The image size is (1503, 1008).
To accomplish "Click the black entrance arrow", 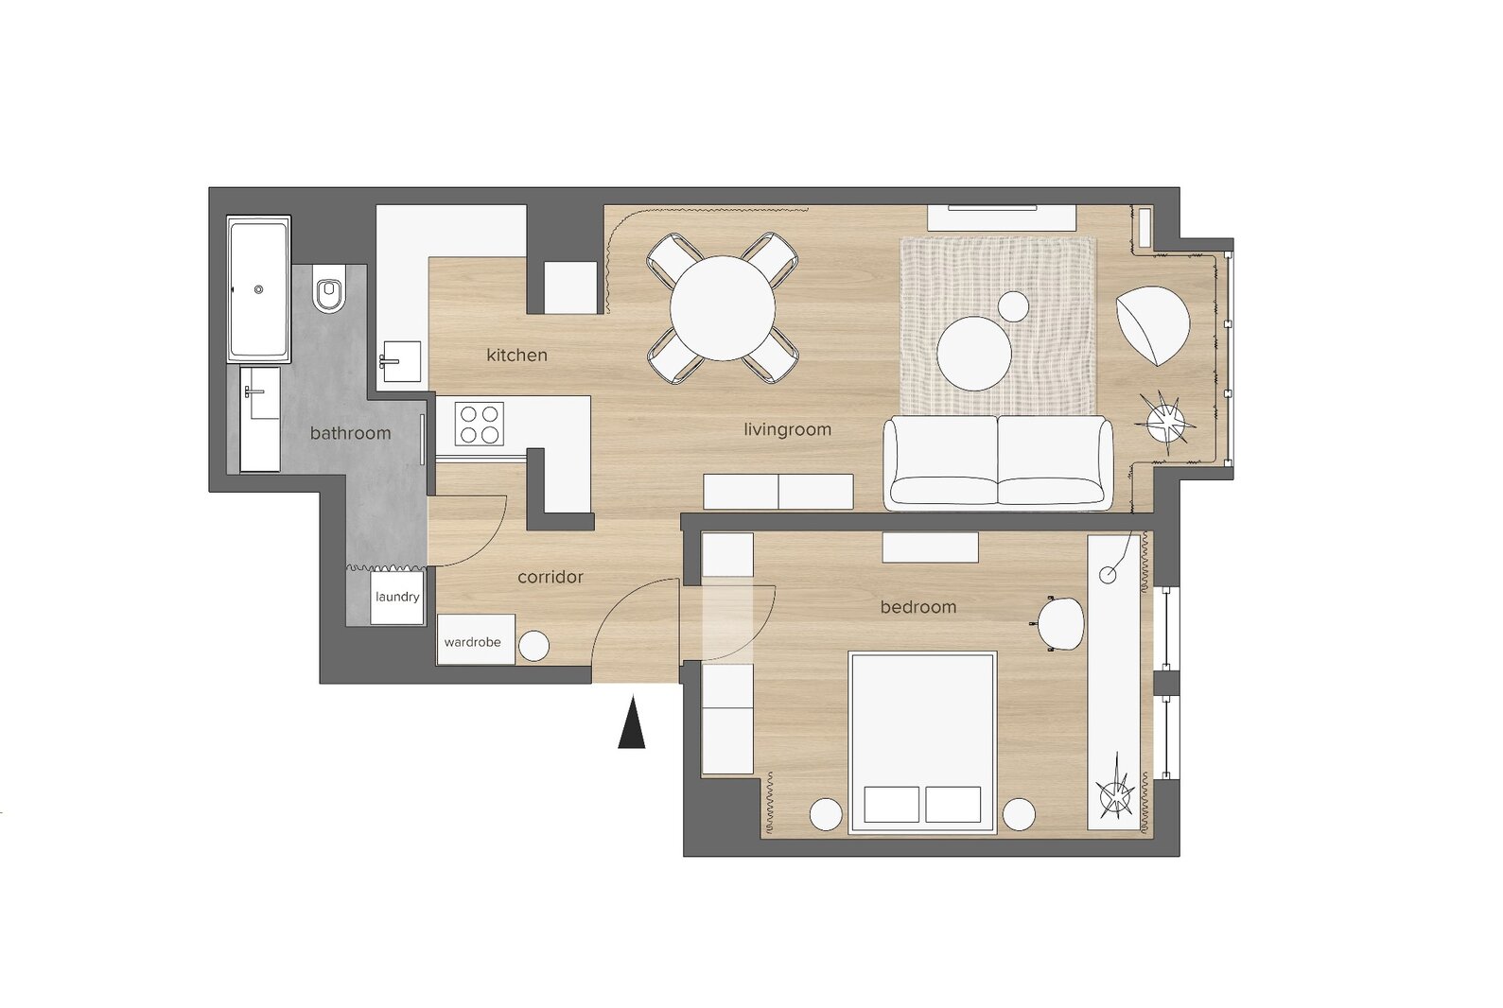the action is pos(632,723).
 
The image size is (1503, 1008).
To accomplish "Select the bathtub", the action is pos(258,289).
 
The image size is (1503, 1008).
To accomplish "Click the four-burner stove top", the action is pos(479,424).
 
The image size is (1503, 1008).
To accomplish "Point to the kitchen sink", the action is pos(400,361).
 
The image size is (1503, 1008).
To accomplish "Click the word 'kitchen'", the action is pos(516,355).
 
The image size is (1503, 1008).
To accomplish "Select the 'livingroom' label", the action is pos(787,429).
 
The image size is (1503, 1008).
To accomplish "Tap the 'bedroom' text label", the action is pos(918,607).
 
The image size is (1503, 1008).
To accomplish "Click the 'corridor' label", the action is pos(551,577).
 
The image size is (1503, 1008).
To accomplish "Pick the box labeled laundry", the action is pos(397,598).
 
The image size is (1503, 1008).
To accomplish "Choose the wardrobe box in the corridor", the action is pos(477,640).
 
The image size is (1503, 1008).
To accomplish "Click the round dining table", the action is pos(723,308).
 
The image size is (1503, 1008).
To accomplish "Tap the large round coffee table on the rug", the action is pos(974,354).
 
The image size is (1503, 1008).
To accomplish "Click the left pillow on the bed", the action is pos(891,804).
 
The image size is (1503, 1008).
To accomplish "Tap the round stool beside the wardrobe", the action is pos(534,647).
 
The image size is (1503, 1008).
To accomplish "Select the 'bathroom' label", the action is pos(350,433).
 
